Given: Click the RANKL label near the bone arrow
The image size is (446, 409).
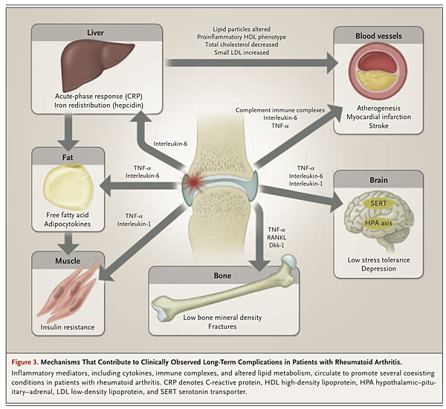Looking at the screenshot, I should click(x=276, y=220).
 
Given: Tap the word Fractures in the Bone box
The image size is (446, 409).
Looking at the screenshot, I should click(x=222, y=326).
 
